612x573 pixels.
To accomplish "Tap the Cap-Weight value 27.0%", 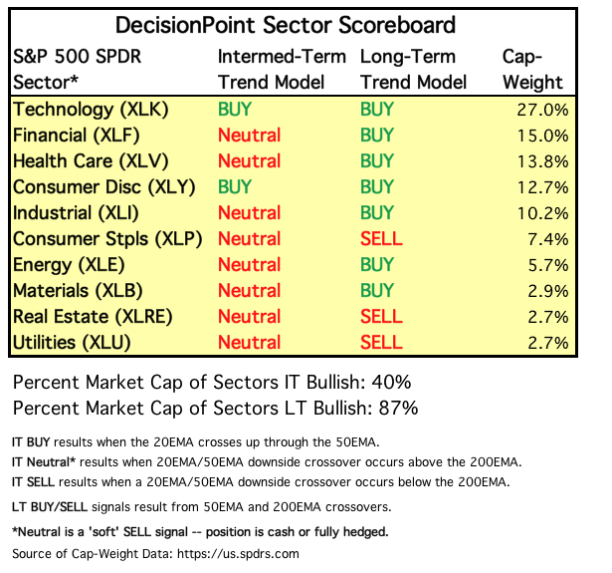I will (x=543, y=109).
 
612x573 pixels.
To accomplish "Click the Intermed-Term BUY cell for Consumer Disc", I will (x=235, y=186).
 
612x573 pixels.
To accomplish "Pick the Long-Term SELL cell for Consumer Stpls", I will (x=381, y=238).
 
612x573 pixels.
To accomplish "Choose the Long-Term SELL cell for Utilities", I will (x=381, y=342).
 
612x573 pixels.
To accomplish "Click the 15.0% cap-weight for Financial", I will (x=543, y=135).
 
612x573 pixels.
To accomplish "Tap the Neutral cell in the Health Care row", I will (x=249, y=160).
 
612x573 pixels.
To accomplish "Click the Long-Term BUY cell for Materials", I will (x=377, y=290).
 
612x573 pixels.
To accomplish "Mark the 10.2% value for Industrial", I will (x=543, y=212).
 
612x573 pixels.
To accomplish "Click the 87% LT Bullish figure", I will (x=395, y=408).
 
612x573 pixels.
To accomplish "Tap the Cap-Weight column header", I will (x=533, y=69).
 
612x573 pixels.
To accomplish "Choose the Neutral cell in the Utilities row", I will (x=249, y=342).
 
